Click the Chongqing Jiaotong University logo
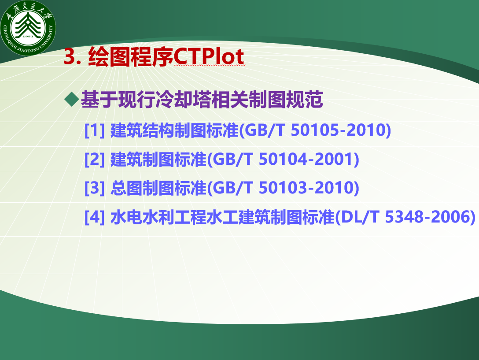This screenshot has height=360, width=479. click(x=28, y=28)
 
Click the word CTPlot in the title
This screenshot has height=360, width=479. click(x=209, y=56)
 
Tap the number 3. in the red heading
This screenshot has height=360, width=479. click(x=72, y=57)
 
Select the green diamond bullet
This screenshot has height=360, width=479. click(x=72, y=99)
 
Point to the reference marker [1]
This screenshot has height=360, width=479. click(x=94, y=130)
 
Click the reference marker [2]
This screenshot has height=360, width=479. click(x=94, y=159)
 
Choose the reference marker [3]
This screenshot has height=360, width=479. click(x=94, y=188)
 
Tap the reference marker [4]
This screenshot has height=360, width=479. click(x=94, y=217)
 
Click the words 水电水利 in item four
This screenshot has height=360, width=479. click(x=142, y=217)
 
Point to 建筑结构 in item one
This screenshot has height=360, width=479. click(x=142, y=130)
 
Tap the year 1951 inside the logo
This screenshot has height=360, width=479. click(x=28, y=37)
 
